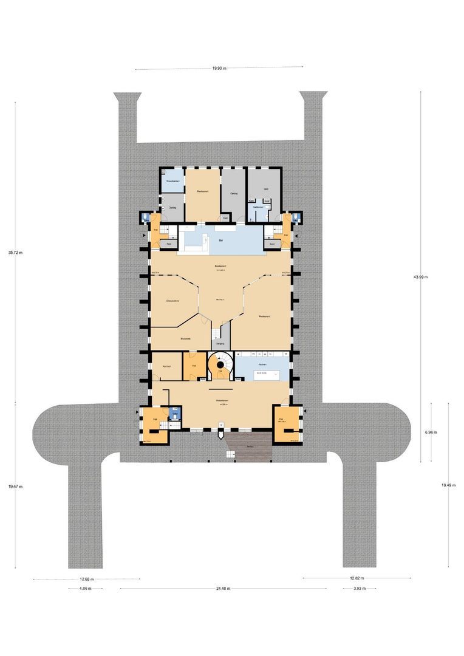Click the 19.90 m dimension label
219,69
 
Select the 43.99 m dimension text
420,277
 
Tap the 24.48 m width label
223,589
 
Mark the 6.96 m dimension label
431,432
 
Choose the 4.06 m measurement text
84,589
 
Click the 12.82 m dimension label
357,579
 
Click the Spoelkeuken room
172,181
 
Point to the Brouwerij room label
186,338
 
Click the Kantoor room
166,366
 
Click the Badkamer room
258,207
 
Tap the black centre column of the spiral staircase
219,365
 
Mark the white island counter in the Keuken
262,374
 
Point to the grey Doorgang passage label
219,343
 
